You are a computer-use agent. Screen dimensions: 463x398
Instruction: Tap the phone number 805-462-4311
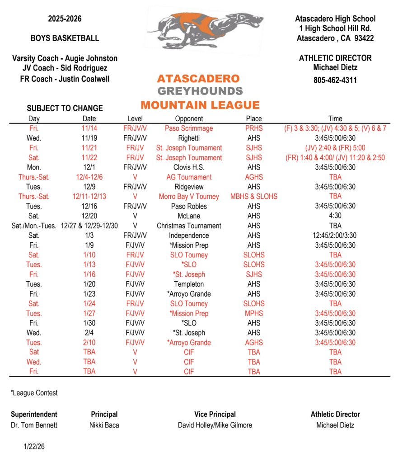click(x=335, y=80)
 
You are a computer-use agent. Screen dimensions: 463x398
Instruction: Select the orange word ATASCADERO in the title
click(x=198, y=79)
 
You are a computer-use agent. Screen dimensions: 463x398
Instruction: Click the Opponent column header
click(x=189, y=118)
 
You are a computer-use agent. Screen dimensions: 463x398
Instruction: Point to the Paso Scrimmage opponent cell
click(x=189, y=128)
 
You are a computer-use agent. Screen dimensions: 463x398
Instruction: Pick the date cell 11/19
click(x=89, y=138)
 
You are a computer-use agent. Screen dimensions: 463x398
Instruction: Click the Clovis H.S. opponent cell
click(x=189, y=167)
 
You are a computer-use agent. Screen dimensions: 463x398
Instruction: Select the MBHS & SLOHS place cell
click(x=254, y=197)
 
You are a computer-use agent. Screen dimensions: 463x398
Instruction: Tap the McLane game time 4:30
click(x=335, y=216)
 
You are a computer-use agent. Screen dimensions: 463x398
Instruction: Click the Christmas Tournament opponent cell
click(x=189, y=226)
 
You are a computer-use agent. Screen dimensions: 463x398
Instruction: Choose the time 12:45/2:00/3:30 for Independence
click(x=335, y=236)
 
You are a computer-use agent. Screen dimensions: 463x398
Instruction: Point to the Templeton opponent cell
click(x=189, y=284)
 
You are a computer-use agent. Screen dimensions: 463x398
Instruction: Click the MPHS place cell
click(x=254, y=313)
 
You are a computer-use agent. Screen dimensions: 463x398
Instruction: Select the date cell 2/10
click(x=89, y=343)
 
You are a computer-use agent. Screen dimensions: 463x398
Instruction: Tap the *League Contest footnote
click(x=34, y=393)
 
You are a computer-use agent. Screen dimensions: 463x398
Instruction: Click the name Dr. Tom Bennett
click(x=34, y=425)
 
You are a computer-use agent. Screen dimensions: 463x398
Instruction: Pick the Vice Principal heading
click(x=215, y=414)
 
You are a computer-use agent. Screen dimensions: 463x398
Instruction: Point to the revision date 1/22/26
click(x=34, y=447)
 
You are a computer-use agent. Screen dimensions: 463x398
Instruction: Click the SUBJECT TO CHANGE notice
click(x=65, y=108)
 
